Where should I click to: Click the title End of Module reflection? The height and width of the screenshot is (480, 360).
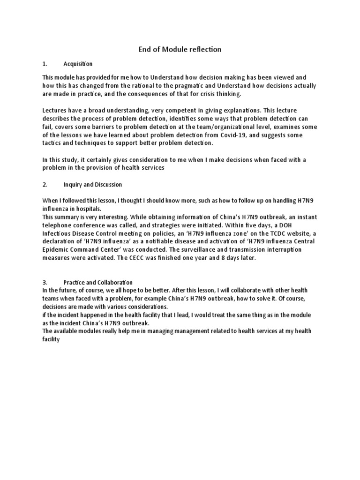[180, 49]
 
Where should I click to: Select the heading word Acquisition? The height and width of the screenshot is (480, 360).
[78, 64]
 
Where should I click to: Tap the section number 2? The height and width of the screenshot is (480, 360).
[45, 185]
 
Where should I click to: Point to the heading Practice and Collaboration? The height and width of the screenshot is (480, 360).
[98, 283]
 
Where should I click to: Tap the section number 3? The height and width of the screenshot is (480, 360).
[45, 283]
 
